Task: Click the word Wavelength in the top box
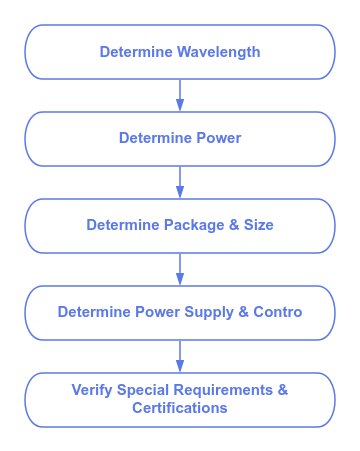pyautogui.click(x=218, y=53)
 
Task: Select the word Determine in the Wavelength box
pyautogui.click(x=136, y=52)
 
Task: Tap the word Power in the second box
pyautogui.click(x=219, y=138)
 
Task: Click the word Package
pyautogui.click(x=194, y=226)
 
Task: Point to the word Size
pyautogui.click(x=258, y=225)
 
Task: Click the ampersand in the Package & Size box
pyautogui.click(x=234, y=225)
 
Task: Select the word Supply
pyautogui.click(x=209, y=313)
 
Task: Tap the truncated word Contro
pyautogui.click(x=278, y=312)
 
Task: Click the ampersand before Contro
pyautogui.click(x=244, y=312)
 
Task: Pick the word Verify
pyautogui.click(x=92, y=391)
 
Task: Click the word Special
pyautogui.click(x=143, y=391)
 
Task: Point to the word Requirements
pyautogui.click(x=223, y=391)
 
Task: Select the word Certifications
pyautogui.click(x=180, y=408)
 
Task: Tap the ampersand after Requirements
pyautogui.click(x=283, y=390)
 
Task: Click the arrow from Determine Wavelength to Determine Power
pyautogui.click(x=180, y=95)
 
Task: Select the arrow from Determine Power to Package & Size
pyautogui.click(x=180, y=182)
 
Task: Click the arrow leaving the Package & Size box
pyautogui.click(x=180, y=269)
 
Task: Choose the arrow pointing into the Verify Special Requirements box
pyautogui.click(x=180, y=356)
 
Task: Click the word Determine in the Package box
pyautogui.click(x=123, y=225)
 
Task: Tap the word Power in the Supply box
pyautogui.click(x=157, y=312)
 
